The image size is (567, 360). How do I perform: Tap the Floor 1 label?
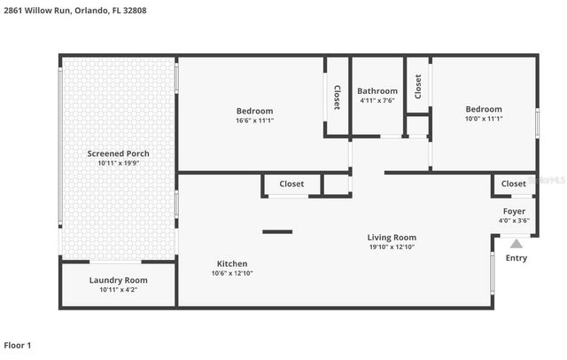click(x=18, y=345)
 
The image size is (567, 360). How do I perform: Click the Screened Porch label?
click(x=118, y=153)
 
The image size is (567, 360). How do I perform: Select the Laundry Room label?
click(x=118, y=280)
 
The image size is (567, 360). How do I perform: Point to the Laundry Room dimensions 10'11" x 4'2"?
click(x=118, y=290)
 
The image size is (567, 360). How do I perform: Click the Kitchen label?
click(x=232, y=263)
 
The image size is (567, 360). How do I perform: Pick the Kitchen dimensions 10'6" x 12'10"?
click(x=232, y=274)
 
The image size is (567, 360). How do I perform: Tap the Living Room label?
click(x=392, y=237)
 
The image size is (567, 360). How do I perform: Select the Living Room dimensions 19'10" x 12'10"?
click(x=392, y=247)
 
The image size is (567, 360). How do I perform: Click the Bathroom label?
click(x=377, y=90)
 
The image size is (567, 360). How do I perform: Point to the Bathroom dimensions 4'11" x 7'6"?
click(x=377, y=101)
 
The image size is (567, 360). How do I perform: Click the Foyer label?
click(x=514, y=211)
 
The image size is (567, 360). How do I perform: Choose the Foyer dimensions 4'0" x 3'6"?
click(x=514, y=221)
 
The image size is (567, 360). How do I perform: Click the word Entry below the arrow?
click(x=516, y=258)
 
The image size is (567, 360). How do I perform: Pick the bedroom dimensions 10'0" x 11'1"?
click(x=484, y=119)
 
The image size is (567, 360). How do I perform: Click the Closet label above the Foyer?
click(x=513, y=184)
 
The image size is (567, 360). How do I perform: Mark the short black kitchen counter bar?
click(x=277, y=231)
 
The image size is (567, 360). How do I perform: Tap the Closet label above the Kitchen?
click(x=291, y=184)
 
